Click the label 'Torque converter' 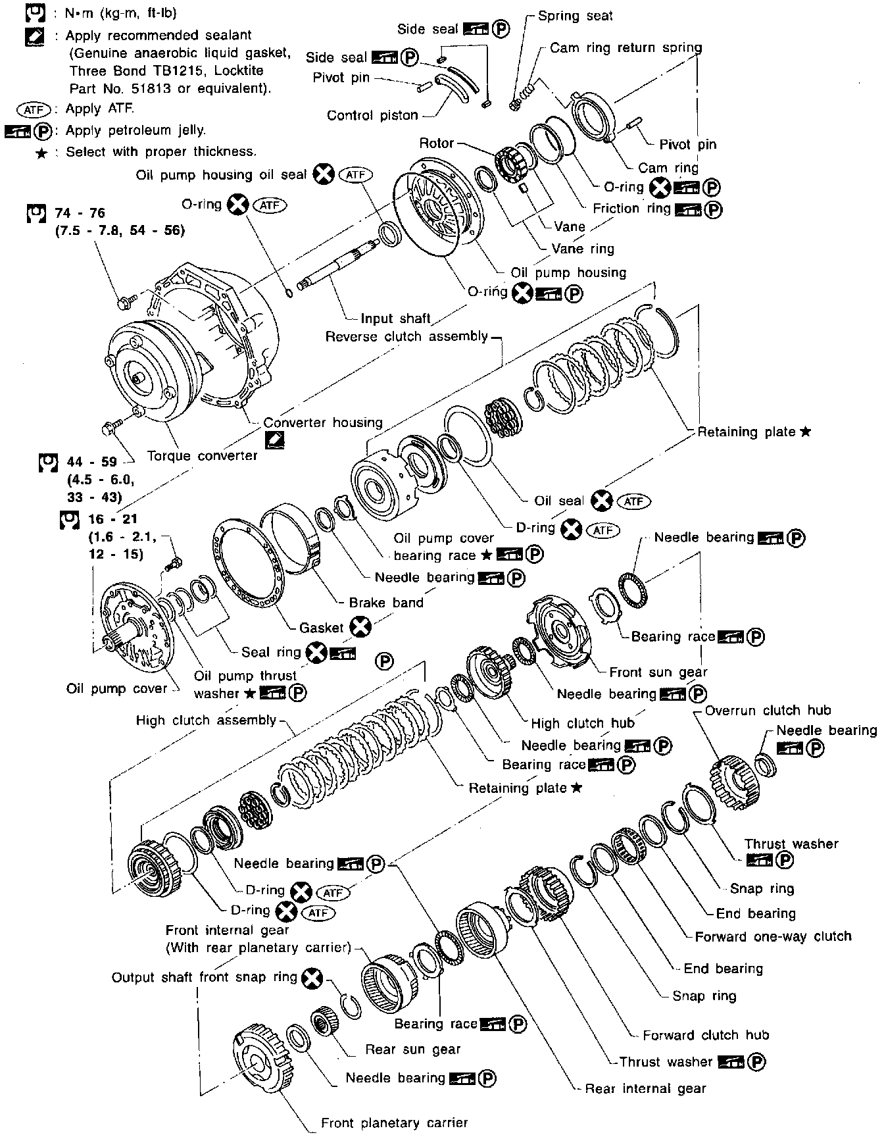click(202, 455)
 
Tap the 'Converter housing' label click(322, 422)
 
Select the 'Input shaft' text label click(395, 318)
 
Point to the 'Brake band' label click(386, 602)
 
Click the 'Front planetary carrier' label click(394, 1123)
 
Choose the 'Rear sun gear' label click(412, 1049)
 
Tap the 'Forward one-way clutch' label click(773, 936)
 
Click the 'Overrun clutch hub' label click(768, 710)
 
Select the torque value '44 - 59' click(92, 462)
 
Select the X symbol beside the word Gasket click(360, 626)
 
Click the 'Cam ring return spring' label click(626, 47)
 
